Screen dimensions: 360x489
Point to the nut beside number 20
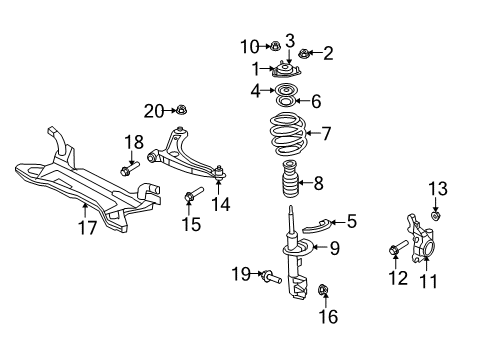(182, 110)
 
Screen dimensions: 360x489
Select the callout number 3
(289, 41)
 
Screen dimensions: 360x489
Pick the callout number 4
(254, 91)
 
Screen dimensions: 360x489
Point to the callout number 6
(317, 101)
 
